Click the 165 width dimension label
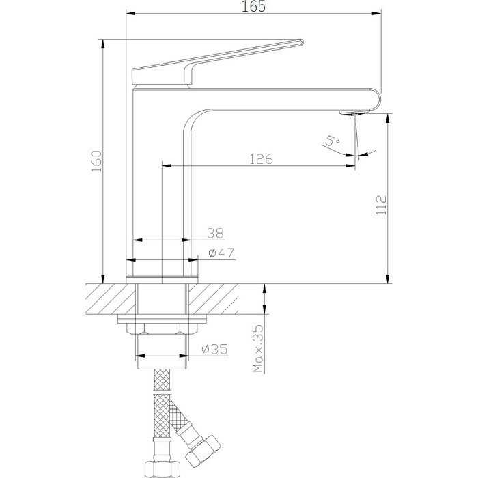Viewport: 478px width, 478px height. pos(253,6)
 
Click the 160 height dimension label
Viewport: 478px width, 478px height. pos(97,161)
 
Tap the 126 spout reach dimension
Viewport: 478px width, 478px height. pos(261,159)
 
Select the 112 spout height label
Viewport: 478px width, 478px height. pos(381,205)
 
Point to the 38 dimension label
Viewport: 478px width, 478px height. pos(216,234)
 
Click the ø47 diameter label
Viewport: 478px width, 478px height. pos(221,253)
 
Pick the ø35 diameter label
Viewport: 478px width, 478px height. pos(214,350)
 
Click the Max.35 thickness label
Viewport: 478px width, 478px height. pos(258,348)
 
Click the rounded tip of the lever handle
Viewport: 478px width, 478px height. pos(301,42)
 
